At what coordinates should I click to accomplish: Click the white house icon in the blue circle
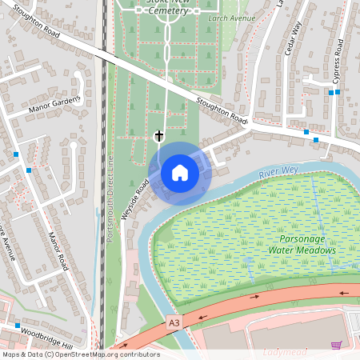click(180, 173)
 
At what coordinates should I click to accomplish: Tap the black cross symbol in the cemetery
click(158, 137)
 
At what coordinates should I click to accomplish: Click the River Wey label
click(279, 170)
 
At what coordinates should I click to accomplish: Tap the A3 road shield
click(174, 322)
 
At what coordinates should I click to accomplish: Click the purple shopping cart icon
click(336, 346)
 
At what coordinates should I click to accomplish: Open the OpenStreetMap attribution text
click(80, 354)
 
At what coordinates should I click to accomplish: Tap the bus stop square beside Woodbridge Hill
click(17, 326)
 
